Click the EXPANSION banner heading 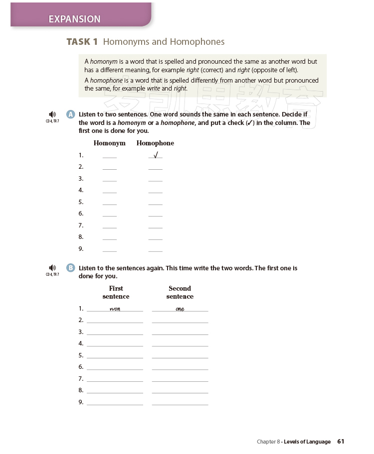[x=74, y=19]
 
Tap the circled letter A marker [x=70, y=114]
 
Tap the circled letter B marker [x=70, y=268]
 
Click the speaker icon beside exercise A [x=52, y=114]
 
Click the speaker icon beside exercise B [x=52, y=268]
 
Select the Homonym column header [x=110, y=143]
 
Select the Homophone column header [x=155, y=143]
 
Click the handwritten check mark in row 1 [x=156, y=155]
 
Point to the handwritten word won [x=115, y=309]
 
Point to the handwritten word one [x=180, y=309]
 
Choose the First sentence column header [x=116, y=292]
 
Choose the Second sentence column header [x=180, y=292]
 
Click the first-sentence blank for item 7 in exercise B [x=115, y=380]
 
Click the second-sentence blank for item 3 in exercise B [x=180, y=334]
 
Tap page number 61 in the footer [x=341, y=442]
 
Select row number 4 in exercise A [x=81, y=190]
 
